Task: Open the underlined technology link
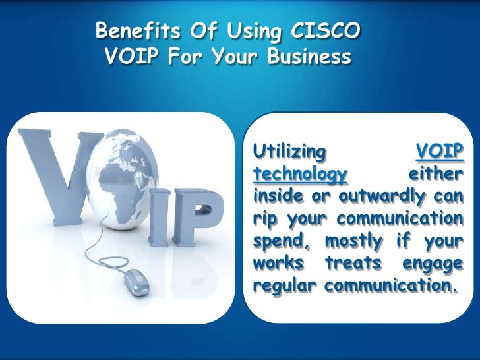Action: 301,175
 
